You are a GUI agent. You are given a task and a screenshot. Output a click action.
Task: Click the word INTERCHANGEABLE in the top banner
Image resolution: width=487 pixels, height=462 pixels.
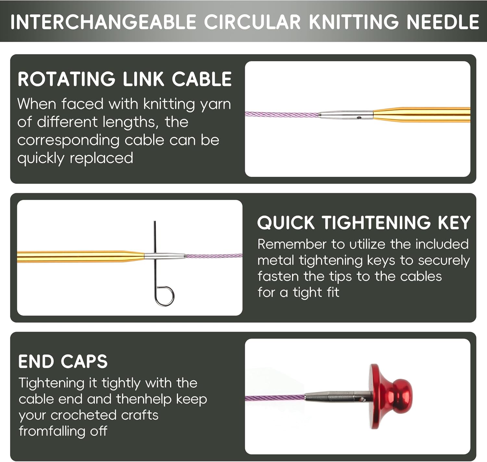pos(103,22)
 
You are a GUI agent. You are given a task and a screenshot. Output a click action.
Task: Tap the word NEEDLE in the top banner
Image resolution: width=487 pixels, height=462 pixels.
pos(443,22)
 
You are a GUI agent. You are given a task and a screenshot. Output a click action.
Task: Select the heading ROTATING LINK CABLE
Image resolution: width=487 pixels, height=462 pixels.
pos(125,79)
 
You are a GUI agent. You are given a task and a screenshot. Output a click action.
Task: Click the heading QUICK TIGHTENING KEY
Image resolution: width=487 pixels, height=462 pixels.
pos(364,223)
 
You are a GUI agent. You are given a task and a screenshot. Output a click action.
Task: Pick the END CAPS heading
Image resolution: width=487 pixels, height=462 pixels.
pos(63,361)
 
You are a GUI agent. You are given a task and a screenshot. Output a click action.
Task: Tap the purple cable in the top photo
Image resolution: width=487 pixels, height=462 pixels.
pos(279,115)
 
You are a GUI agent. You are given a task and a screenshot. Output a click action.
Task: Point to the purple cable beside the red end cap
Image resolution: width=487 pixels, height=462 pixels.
pos(274,398)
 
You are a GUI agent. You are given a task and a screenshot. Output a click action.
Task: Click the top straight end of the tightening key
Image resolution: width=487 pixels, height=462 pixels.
pos(155,227)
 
